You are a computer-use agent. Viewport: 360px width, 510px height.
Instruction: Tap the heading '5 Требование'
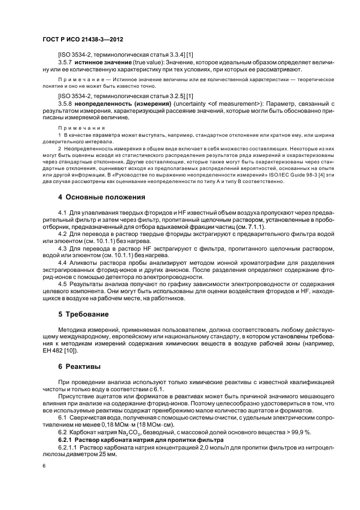pos(83,314)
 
